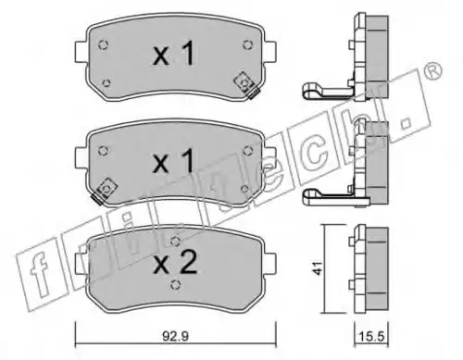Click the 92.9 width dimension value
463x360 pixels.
click(175, 336)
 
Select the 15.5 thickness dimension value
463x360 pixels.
click(371, 336)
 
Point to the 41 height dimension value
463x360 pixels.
click(318, 268)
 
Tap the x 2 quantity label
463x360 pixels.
click(175, 263)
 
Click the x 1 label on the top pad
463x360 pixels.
click(174, 54)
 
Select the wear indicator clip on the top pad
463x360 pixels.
click(246, 84)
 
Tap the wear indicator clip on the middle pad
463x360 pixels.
click(106, 191)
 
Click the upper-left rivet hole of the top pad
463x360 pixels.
click(104, 45)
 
